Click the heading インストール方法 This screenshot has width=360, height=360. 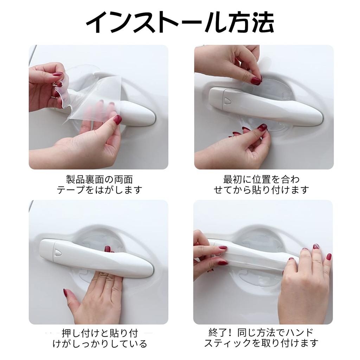180,23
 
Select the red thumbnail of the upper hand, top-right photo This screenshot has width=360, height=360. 256,81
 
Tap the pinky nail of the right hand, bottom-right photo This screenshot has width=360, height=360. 329,257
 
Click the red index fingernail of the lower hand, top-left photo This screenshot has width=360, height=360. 117,120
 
